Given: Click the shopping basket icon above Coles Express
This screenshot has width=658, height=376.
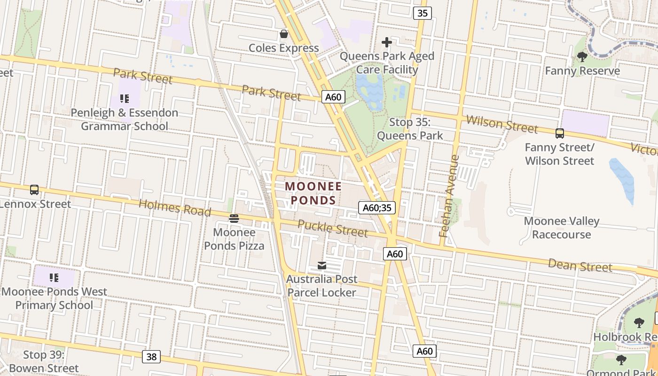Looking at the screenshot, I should pos(284,34).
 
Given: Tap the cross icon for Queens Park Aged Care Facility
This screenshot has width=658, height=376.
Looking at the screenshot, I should pos(387,42).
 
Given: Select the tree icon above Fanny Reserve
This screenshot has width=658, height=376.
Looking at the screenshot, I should pos(582,57).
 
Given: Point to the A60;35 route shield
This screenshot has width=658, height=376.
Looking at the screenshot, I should pos(377,208).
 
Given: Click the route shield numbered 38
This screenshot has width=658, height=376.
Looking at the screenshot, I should pos(151,357).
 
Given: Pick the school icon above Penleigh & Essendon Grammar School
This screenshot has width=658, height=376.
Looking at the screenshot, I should pos(125,99).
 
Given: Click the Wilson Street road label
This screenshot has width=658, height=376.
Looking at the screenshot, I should pos(501,124).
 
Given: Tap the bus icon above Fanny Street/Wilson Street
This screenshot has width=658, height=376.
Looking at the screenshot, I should pos(559,133).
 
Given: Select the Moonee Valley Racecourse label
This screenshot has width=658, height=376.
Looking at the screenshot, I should pos(562,227).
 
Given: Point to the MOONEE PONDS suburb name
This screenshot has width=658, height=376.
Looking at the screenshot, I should pos(313,193).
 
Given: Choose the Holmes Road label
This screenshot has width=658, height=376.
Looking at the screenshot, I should pos(175,207).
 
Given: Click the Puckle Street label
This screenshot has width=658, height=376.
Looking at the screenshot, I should pos(332,228).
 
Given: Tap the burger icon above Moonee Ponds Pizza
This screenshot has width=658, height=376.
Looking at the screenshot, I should pos(234,218).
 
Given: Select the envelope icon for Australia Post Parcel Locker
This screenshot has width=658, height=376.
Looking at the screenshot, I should pos(322,266).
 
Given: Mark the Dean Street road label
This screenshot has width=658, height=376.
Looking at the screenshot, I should pos(580,266).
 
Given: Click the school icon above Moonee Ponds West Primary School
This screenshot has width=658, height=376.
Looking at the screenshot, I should pos(54,278).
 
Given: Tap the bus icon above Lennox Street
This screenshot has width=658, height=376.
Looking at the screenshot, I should pos(34,190).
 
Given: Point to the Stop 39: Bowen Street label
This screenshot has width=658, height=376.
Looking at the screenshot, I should pos(44,361).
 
